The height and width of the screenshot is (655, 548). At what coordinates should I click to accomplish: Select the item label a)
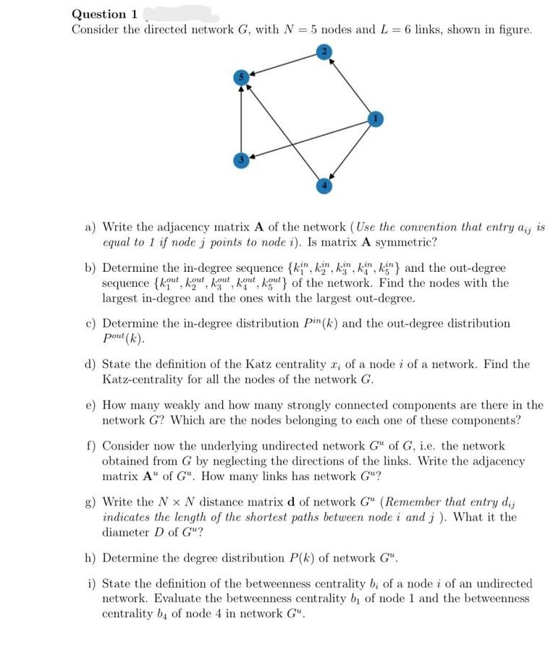pos(92,226)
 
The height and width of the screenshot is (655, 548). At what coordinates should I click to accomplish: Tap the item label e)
pos(92,406)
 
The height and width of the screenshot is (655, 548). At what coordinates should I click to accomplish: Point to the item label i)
pos(92,583)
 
